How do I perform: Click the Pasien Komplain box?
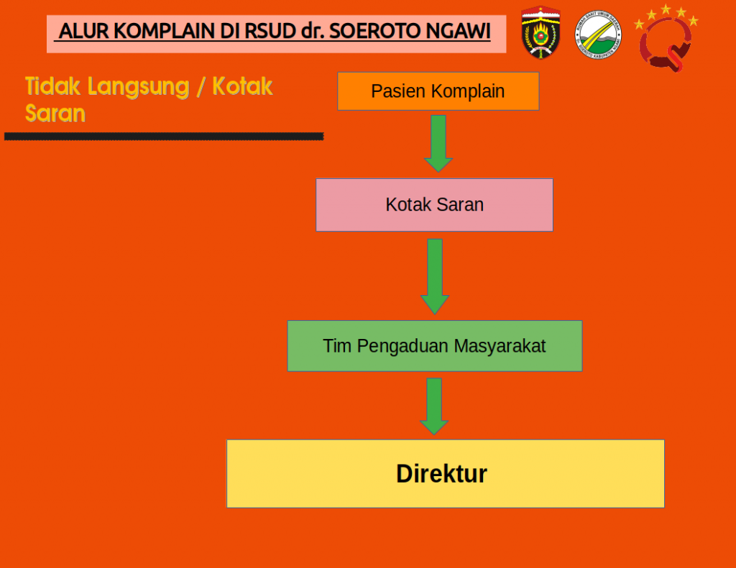[x=438, y=91]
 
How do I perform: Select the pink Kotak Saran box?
[x=434, y=205]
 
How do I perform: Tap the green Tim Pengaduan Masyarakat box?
[x=434, y=346]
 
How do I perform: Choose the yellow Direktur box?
[x=445, y=474]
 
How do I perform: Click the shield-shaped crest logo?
[x=540, y=32]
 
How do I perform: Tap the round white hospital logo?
[x=598, y=34]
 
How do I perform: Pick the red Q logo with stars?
[x=666, y=40]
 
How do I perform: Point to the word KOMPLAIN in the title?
[x=150, y=32]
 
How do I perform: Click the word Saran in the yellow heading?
[x=55, y=113]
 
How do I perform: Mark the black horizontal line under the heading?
[x=164, y=136]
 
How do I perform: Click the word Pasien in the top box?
[x=398, y=91]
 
